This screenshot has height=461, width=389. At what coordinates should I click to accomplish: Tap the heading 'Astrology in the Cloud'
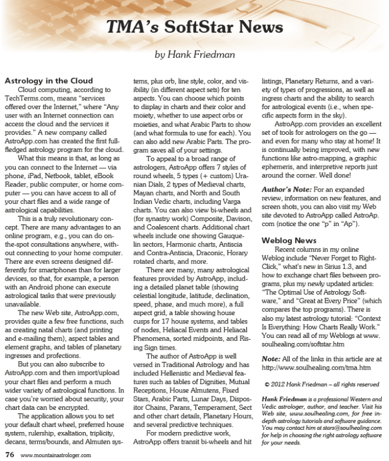coord(49,81)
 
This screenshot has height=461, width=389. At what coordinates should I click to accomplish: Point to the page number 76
coord(9,454)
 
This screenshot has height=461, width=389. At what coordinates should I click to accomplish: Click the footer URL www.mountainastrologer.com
coord(55,455)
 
